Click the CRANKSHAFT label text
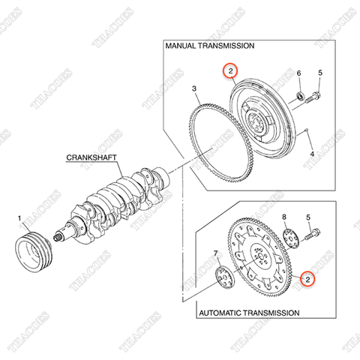[91, 157]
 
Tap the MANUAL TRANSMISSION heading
[210, 46]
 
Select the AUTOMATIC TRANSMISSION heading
[249, 313]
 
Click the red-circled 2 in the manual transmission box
[230, 71]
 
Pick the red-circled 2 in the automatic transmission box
[307, 279]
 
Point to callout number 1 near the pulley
[19, 218]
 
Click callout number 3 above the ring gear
[194, 88]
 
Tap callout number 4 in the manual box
[312, 154]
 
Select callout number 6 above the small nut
[298, 73]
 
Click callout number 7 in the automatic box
[215, 253]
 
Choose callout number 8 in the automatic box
[284, 217]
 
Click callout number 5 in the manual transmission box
[320, 73]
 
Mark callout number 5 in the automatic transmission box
[308, 217]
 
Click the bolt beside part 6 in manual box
[313, 97]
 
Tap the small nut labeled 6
[300, 96]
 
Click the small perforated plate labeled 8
[291, 238]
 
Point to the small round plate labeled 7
[225, 277]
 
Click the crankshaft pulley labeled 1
[34, 252]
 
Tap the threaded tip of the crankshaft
[58, 237]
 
